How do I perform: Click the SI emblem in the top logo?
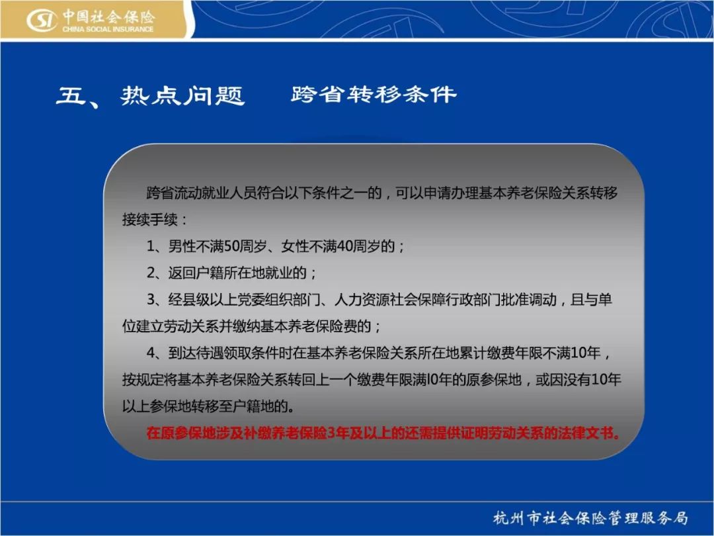click(x=42, y=21)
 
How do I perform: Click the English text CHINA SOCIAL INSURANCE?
click(x=108, y=29)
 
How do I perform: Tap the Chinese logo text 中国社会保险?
click(x=109, y=17)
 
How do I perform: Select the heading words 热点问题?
click(x=182, y=95)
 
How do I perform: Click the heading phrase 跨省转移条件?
click(x=374, y=95)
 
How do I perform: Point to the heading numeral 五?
click(x=71, y=96)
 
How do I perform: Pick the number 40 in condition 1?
click(x=345, y=247)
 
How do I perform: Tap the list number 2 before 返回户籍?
click(x=151, y=273)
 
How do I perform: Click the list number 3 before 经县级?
click(x=151, y=300)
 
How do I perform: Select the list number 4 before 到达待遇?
click(x=151, y=353)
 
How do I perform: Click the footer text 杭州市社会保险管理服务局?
click(x=590, y=517)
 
